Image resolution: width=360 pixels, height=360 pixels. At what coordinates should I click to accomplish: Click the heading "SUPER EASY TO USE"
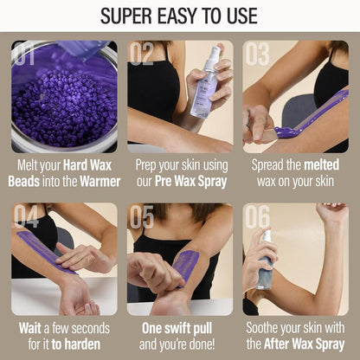click(x=179, y=16)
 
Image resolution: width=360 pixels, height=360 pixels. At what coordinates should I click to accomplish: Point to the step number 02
click(x=142, y=55)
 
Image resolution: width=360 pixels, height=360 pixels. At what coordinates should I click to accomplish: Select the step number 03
click(x=257, y=55)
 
